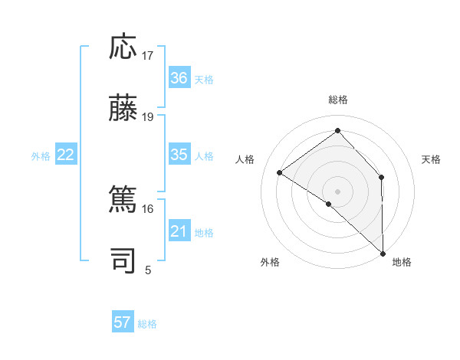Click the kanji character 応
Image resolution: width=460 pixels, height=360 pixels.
123,47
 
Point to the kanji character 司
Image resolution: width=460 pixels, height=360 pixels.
123,260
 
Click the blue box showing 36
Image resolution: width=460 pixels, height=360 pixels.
179,78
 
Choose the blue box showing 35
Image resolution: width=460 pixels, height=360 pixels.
179,155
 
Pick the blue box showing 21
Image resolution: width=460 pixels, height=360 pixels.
179,231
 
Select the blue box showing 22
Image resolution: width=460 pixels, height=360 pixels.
66,155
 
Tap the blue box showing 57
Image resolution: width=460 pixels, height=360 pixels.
123,322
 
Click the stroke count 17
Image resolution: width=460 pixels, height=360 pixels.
148,56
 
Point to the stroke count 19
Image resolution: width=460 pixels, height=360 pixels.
148,117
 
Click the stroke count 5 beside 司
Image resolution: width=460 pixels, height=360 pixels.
148,270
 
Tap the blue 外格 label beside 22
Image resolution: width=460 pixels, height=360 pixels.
41,156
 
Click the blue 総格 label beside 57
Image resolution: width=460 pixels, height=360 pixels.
147,324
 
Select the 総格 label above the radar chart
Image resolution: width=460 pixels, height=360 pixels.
337,100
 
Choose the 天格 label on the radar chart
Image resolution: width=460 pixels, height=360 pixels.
431,159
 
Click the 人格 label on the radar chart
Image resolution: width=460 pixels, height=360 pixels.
245,159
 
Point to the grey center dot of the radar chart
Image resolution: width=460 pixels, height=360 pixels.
337,191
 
